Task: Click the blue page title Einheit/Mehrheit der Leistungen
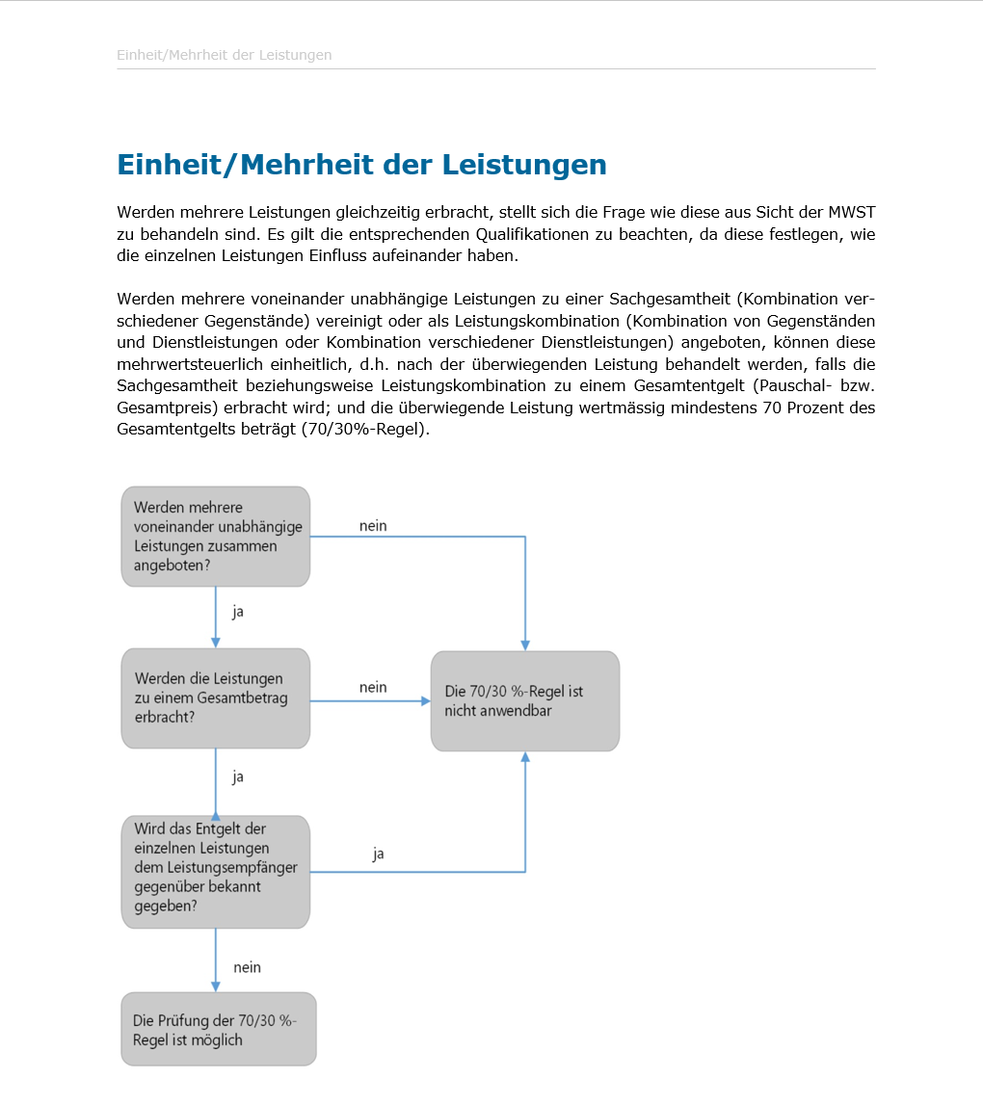click(361, 165)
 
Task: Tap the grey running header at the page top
click(224, 55)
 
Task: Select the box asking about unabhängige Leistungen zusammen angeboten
click(215, 537)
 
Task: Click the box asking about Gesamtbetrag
click(215, 698)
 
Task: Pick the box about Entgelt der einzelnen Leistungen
click(215, 872)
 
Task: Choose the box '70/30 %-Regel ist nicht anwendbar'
click(524, 701)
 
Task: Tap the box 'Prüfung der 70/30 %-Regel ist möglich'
click(218, 1030)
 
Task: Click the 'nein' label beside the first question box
click(373, 526)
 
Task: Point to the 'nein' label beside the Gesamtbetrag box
click(373, 688)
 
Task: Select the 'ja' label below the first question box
click(237, 612)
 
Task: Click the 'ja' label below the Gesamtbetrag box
click(237, 776)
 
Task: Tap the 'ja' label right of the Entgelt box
click(379, 854)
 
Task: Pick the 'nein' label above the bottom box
click(247, 967)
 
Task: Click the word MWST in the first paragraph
click(852, 212)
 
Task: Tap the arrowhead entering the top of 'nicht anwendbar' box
click(525, 644)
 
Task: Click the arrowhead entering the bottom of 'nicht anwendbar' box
click(525, 758)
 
